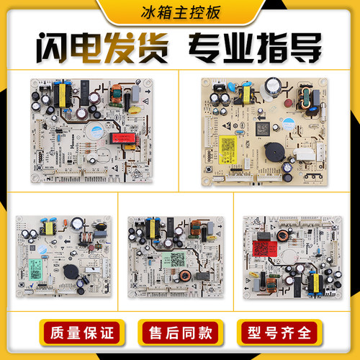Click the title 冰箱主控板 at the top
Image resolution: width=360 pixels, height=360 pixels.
180,12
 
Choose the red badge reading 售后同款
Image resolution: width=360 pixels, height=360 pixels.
179,333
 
